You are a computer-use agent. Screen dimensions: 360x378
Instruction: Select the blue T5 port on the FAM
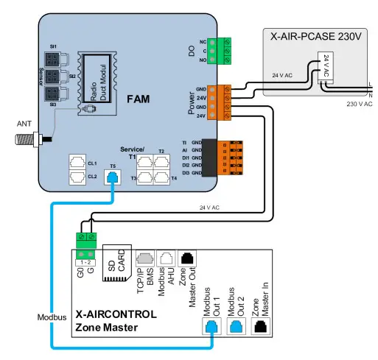coord(112,176)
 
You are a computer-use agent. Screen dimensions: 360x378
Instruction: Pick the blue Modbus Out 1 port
coord(212,326)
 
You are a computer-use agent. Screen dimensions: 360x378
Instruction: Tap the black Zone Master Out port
coord(189,258)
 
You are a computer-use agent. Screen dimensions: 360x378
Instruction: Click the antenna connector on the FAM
coord(48,138)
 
